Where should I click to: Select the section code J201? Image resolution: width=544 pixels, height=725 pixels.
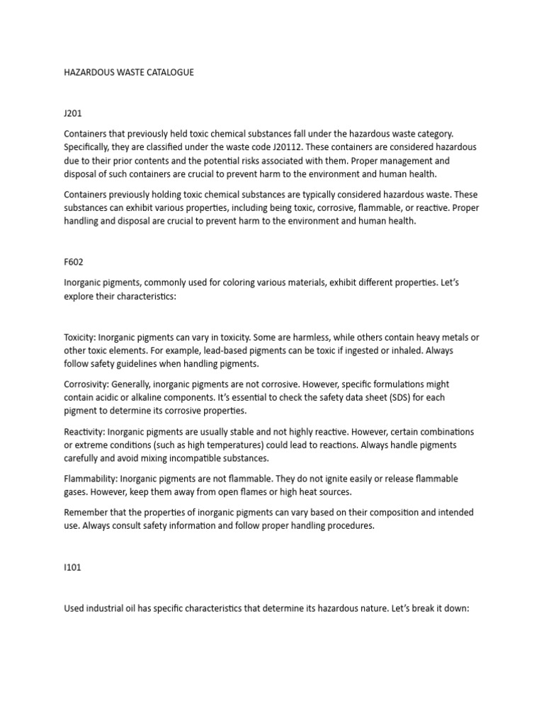coord(73,113)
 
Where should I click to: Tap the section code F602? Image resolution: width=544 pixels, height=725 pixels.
coord(74,261)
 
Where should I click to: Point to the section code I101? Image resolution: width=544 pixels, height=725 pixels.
coord(73,568)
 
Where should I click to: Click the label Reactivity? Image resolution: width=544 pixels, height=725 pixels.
coord(87,432)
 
